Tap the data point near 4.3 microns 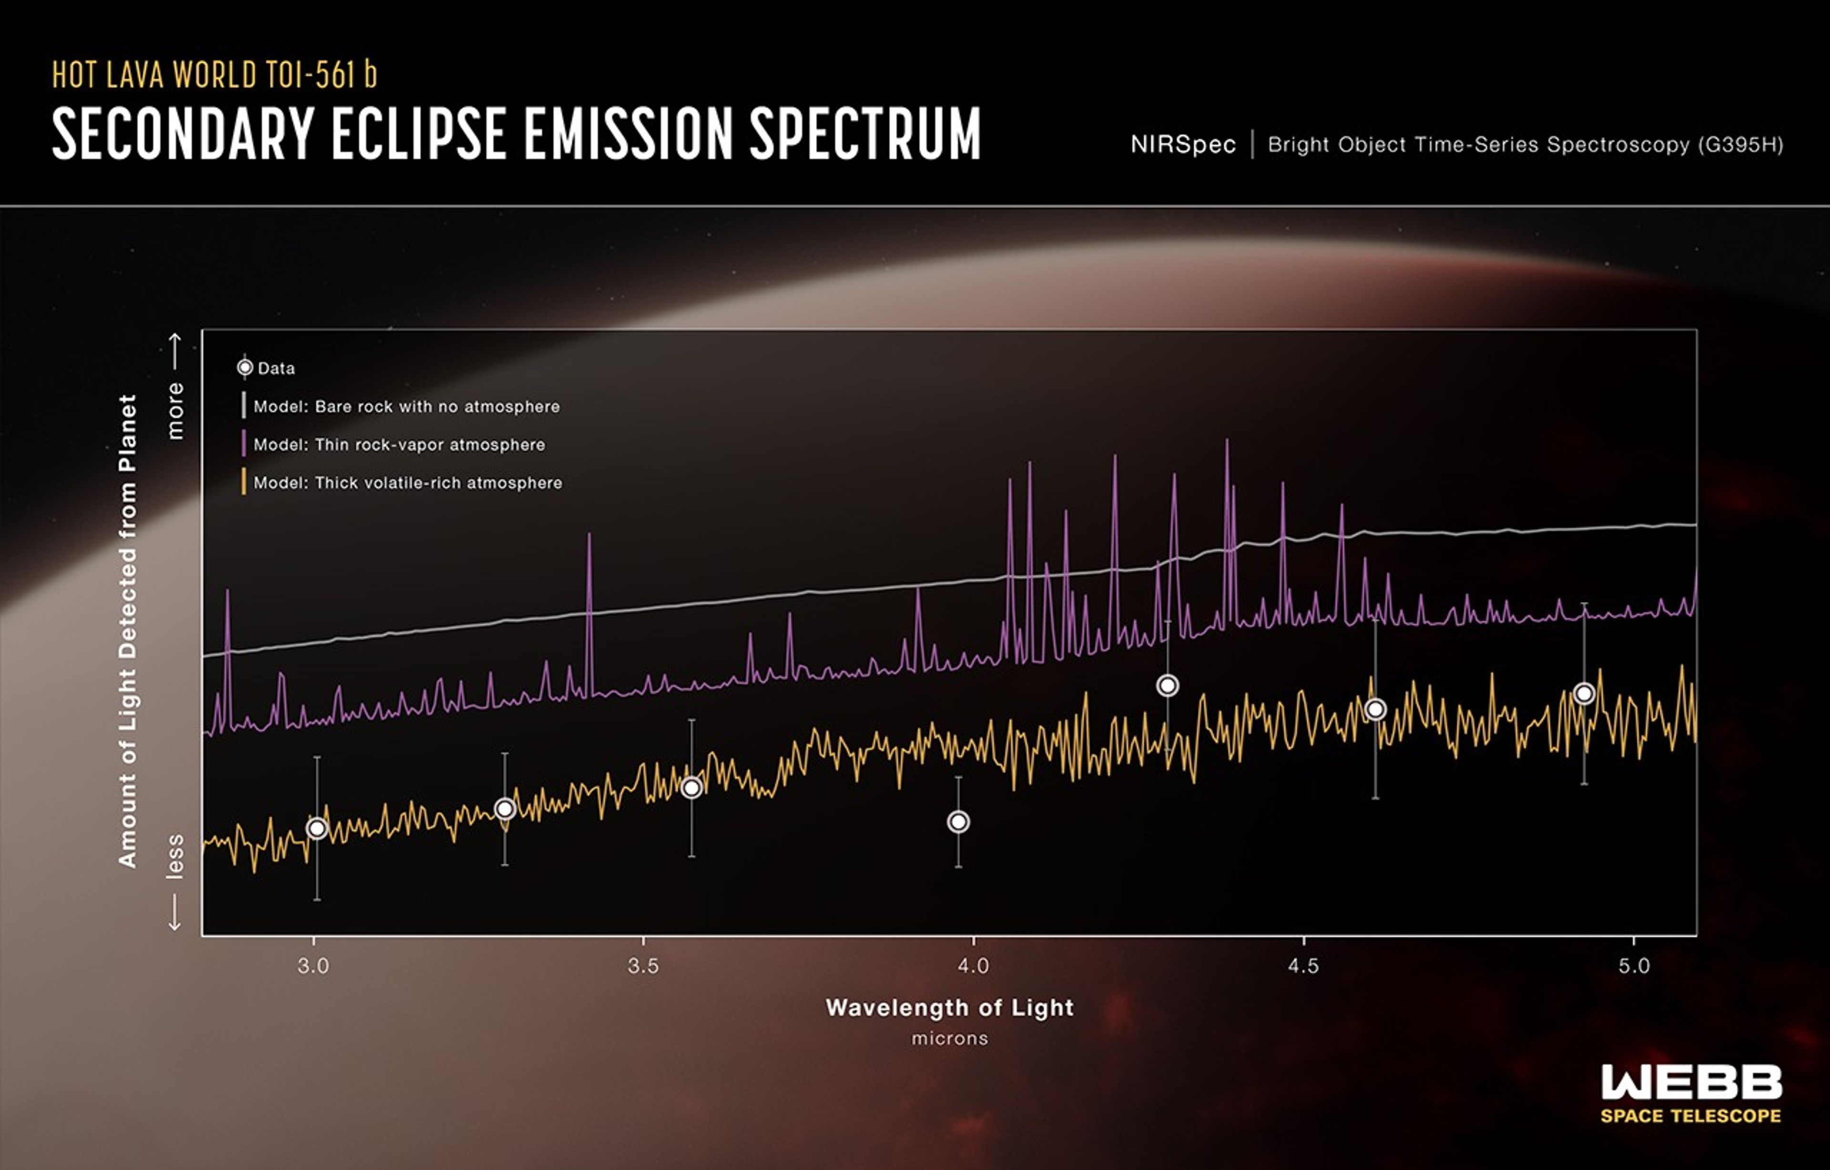pyautogui.click(x=1167, y=686)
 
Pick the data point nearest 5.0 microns pyautogui.click(x=1584, y=693)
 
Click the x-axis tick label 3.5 pyautogui.click(x=643, y=966)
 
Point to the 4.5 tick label pyautogui.click(x=1303, y=966)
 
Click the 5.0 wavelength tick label pyautogui.click(x=1634, y=966)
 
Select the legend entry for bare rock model pyautogui.click(x=406, y=407)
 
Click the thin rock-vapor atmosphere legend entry pyautogui.click(x=399, y=445)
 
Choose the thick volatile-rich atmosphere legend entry pyautogui.click(x=407, y=483)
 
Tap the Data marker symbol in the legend pyautogui.click(x=244, y=368)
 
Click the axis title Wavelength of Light pyautogui.click(x=949, y=1008)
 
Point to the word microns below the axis pyautogui.click(x=949, y=1038)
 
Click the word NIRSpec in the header pyautogui.click(x=1182, y=144)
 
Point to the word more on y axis pyautogui.click(x=175, y=411)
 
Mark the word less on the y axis pyautogui.click(x=175, y=857)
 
